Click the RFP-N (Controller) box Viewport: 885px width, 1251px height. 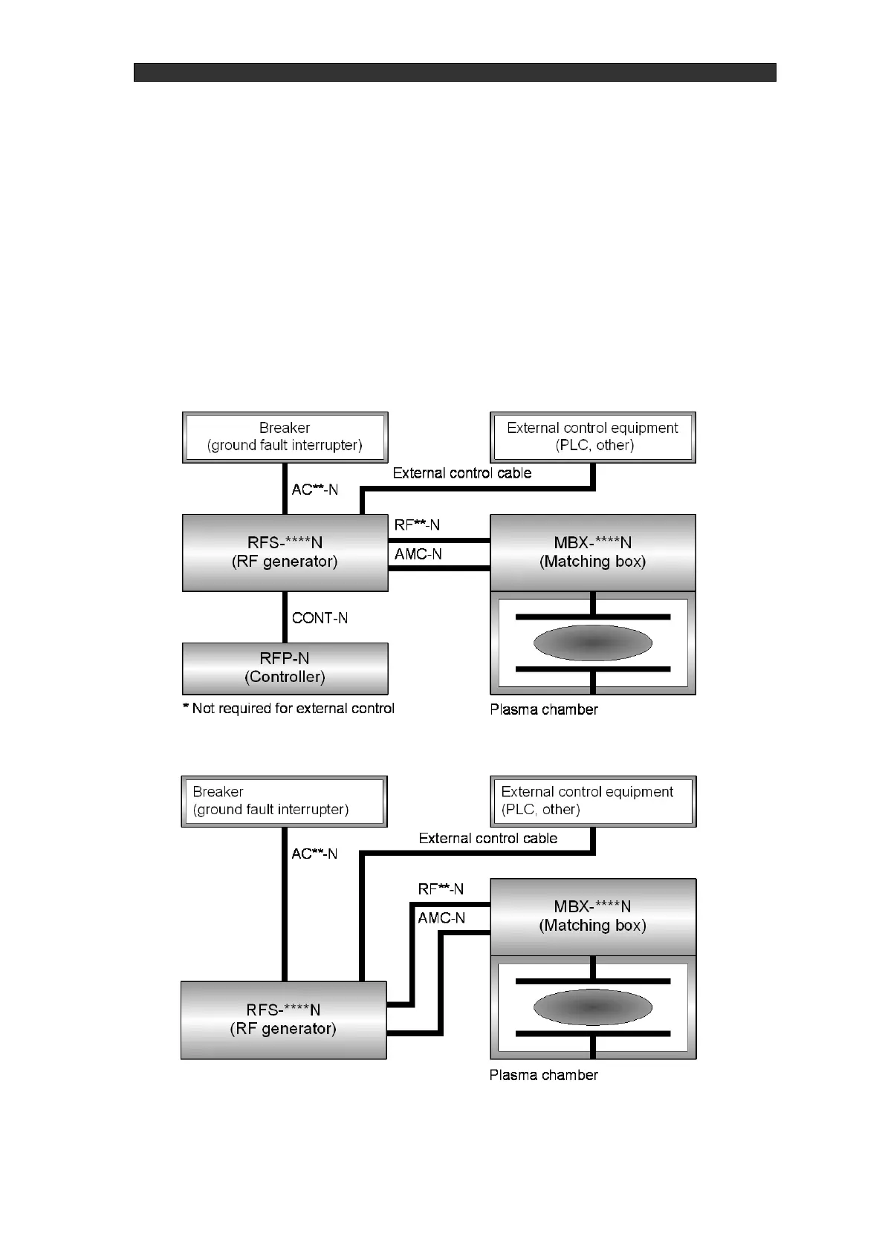[x=285, y=668]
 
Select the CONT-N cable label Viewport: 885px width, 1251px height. [x=320, y=618]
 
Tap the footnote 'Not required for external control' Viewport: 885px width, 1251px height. [x=289, y=709]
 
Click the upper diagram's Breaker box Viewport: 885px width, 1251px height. [x=285, y=437]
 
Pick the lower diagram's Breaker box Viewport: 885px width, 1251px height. [x=284, y=801]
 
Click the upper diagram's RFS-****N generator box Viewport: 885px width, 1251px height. [x=285, y=553]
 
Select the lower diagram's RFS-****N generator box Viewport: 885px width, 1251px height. [x=283, y=1019]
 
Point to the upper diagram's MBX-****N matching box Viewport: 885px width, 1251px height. [x=592, y=552]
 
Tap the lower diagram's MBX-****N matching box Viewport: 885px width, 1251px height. [x=592, y=916]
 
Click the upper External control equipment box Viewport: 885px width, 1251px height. [x=592, y=437]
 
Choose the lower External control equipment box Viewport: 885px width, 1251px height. [x=592, y=801]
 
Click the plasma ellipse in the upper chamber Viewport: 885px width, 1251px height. [x=592, y=643]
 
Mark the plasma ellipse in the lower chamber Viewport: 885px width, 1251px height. [x=592, y=1007]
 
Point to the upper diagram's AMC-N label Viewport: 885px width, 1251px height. [x=418, y=554]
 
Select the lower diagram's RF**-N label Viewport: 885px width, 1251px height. [x=441, y=889]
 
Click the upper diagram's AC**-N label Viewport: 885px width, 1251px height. [x=315, y=490]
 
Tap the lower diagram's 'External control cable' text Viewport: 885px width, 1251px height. [x=487, y=839]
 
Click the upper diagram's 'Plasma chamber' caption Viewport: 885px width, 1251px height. [x=544, y=709]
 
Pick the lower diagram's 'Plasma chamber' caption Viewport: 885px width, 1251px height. [x=543, y=1075]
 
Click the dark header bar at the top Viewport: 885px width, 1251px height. [x=455, y=72]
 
